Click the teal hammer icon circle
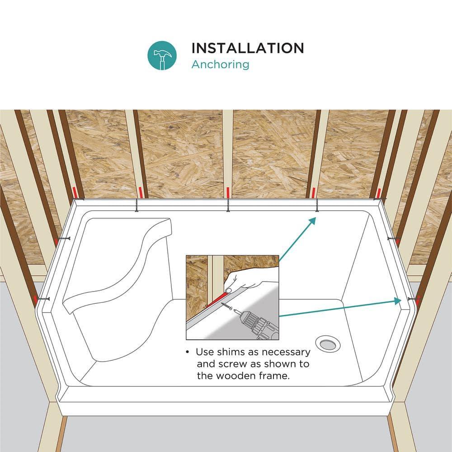pos(162,56)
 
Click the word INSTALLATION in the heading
pos(247,48)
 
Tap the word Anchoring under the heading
pos(220,64)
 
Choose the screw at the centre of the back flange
pos(228,206)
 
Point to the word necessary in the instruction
pos(281,352)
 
